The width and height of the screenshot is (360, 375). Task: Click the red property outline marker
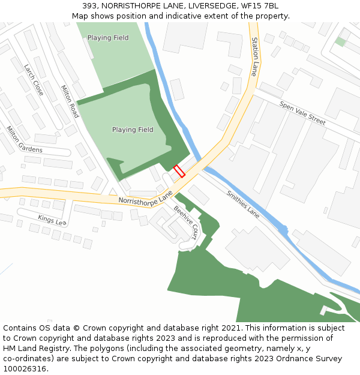click(179, 171)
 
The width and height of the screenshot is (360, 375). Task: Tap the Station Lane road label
click(255, 56)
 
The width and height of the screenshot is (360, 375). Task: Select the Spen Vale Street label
click(302, 113)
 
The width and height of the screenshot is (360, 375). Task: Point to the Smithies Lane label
click(243, 204)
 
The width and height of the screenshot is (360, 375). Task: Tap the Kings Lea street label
click(52, 220)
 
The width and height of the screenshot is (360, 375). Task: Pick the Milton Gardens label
click(25, 139)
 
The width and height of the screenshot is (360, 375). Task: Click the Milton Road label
click(70, 101)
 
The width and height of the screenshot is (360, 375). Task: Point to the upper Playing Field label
click(108, 38)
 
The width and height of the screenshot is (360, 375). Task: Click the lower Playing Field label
click(133, 130)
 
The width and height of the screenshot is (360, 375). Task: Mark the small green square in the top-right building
click(340, 41)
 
